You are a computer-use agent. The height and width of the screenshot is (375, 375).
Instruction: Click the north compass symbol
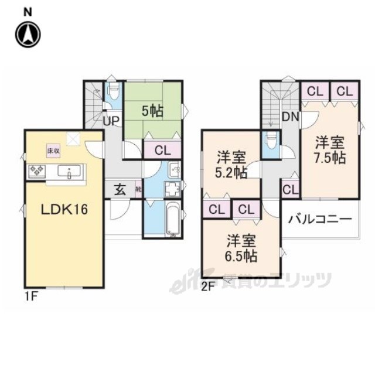pos(29,34)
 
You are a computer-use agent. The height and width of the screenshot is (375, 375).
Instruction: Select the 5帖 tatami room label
pos(152,109)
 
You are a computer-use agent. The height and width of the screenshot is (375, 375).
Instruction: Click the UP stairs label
pos(111,121)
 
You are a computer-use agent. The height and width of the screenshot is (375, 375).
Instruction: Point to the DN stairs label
pos(290,117)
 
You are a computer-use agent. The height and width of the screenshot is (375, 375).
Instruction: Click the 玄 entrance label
pos(120,189)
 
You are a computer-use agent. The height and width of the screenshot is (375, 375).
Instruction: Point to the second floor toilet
pos(270,142)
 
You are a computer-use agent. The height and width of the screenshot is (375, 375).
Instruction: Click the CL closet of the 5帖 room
pos(163,150)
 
